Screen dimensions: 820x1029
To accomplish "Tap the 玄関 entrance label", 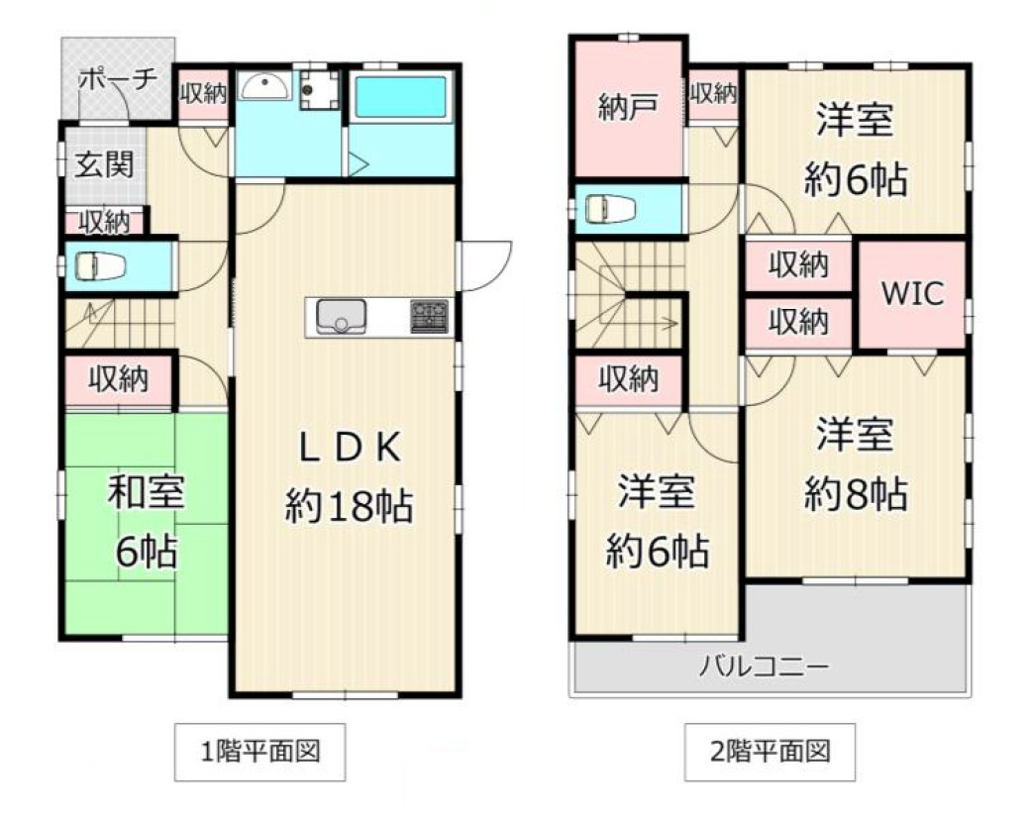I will point(104,164).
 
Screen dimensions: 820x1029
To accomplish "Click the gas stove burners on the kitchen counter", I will point(429,316).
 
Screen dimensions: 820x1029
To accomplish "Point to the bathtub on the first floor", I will point(400,98).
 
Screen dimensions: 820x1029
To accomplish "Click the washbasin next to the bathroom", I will point(263,89).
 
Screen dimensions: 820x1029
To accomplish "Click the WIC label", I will point(912,294).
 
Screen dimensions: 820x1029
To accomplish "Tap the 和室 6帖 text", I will point(145,522).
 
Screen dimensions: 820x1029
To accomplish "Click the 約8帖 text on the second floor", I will point(856,492).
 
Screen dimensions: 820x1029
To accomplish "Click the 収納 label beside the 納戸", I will point(713,94).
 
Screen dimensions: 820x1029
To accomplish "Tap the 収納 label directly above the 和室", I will point(119,378).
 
